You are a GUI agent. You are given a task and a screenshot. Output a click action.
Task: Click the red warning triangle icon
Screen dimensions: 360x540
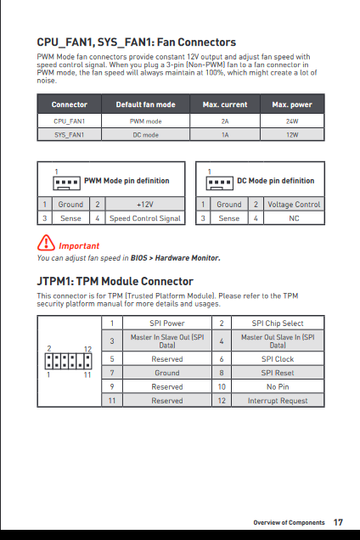46,243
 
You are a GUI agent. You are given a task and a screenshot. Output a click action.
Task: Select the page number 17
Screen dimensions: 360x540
338,522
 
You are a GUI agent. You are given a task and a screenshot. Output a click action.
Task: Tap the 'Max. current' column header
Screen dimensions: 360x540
225,104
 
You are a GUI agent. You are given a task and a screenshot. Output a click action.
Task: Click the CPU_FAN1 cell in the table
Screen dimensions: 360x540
70,121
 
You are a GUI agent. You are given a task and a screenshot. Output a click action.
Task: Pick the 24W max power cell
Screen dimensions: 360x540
292,121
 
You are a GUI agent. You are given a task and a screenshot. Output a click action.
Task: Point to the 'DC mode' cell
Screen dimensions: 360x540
146,135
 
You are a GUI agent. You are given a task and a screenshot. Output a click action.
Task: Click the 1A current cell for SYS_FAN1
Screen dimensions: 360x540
225,135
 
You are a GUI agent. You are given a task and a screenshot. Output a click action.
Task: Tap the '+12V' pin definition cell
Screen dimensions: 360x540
145,205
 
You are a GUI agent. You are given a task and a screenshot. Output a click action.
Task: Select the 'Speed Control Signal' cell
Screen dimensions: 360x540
145,218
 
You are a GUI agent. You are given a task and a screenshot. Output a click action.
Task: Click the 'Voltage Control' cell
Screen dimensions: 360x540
294,205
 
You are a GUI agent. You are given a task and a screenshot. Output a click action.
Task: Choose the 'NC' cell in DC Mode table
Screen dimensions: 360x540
294,218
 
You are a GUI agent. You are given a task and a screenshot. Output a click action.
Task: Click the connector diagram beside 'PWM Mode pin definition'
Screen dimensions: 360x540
66,183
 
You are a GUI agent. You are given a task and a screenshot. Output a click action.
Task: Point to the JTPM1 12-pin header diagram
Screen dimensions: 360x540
68,361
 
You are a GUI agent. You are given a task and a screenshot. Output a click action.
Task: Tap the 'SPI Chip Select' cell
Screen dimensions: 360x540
278,323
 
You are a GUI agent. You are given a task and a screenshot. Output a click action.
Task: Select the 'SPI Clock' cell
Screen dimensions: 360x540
278,359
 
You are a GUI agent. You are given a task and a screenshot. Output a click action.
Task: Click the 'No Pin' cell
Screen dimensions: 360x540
278,387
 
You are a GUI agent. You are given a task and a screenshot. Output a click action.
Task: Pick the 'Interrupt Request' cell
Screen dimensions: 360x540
278,401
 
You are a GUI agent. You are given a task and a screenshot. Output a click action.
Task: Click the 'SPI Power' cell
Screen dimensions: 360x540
167,323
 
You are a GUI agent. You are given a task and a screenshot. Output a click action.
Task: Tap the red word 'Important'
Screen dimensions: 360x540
79,246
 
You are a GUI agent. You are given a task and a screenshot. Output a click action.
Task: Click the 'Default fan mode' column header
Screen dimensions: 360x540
146,104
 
